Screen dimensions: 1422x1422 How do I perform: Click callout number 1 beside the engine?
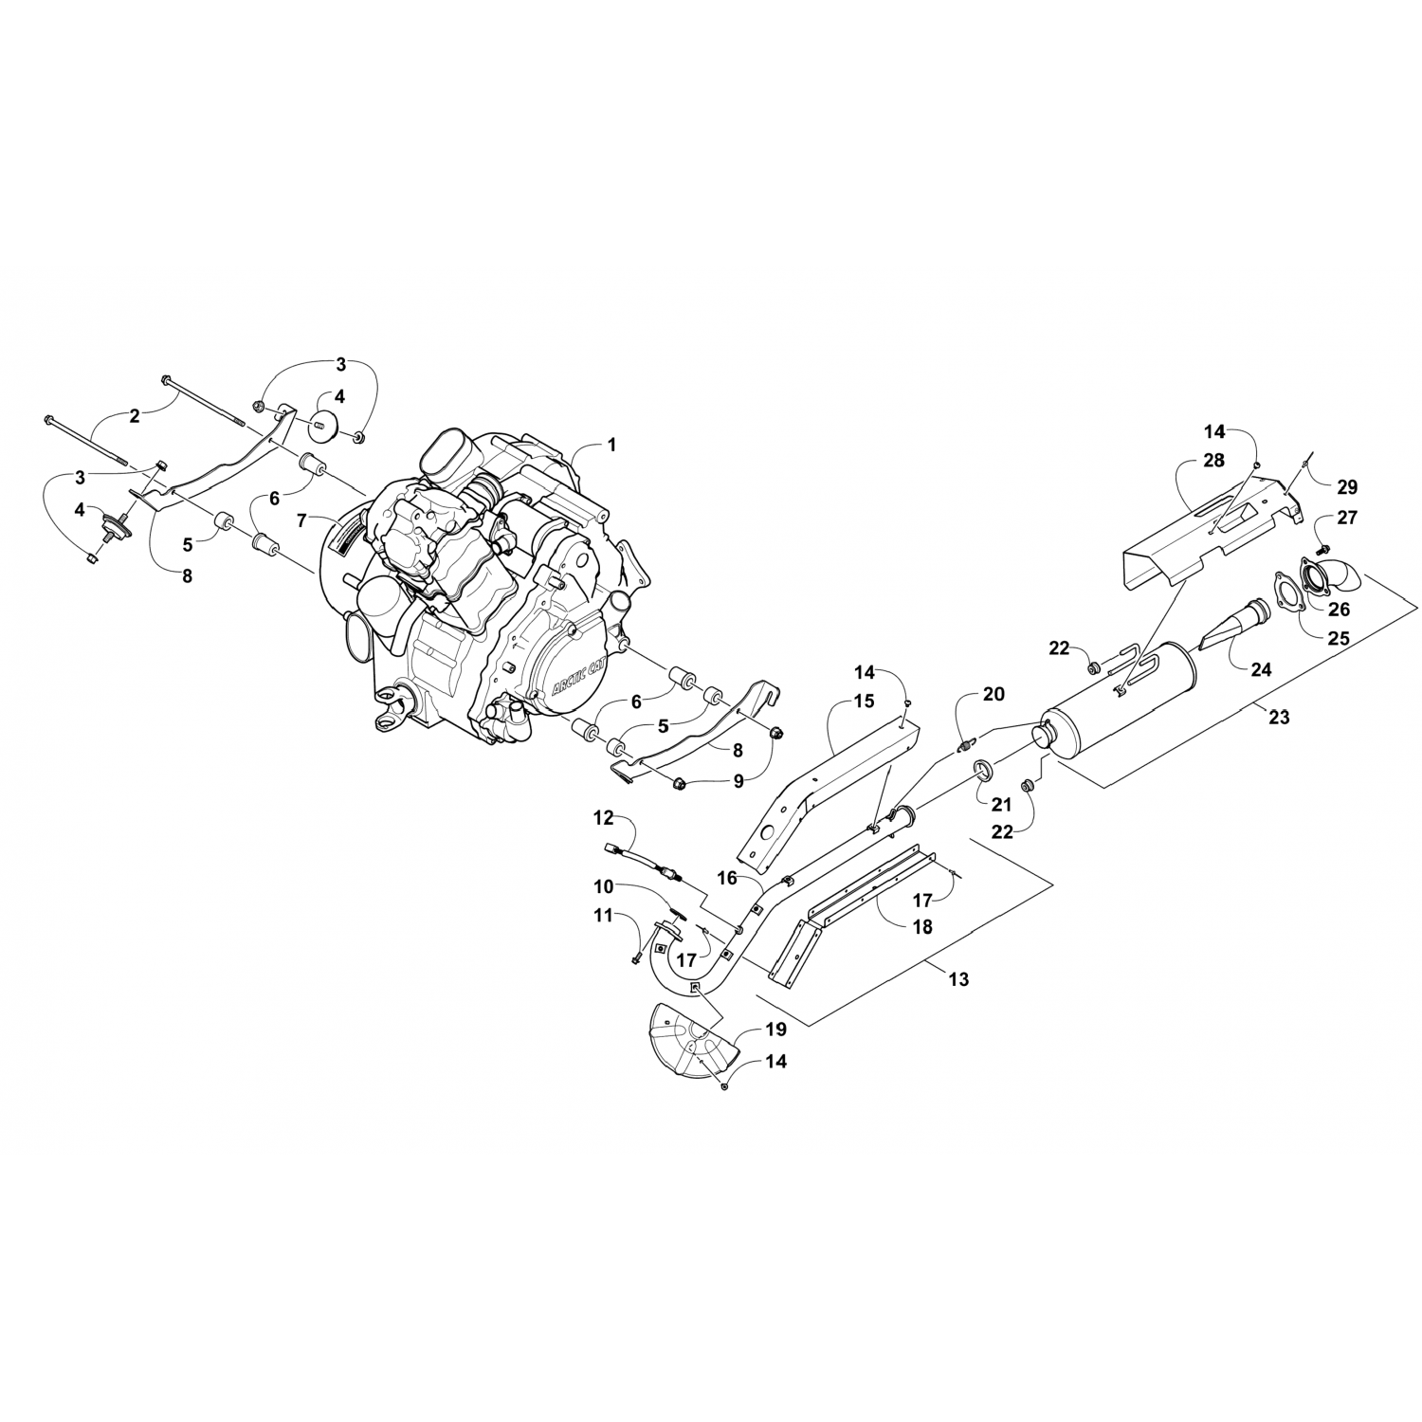pyautogui.click(x=611, y=444)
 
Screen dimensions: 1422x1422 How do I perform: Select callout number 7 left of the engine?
pyautogui.click(x=301, y=520)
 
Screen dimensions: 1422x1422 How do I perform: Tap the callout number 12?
pyautogui.click(x=604, y=817)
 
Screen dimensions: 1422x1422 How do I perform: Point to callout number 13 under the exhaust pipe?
pyautogui.click(x=958, y=979)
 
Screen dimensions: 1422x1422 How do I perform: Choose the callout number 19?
pyautogui.click(x=776, y=1029)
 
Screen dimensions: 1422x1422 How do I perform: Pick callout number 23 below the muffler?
pyautogui.click(x=1279, y=717)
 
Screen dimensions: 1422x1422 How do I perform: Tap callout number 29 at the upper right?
pyautogui.click(x=1347, y=487)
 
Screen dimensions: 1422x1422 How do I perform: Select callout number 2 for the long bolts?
pyautogui.click(x=135, y=415)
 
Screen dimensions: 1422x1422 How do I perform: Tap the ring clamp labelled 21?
pyautogui.click(x=984, y=771)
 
